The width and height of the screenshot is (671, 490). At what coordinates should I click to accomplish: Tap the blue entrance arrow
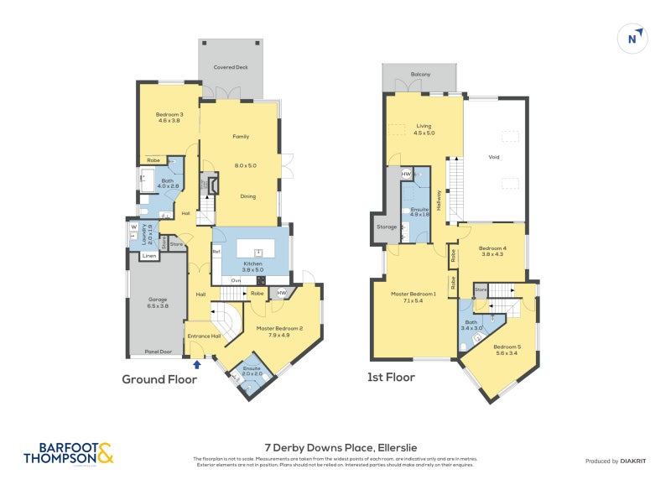click(197, 364)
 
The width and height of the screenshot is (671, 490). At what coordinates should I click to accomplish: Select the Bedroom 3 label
click(169, 117)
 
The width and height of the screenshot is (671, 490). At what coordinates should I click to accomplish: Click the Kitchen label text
click(252, 263)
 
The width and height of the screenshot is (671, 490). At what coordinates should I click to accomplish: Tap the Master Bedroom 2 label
click(279, 331)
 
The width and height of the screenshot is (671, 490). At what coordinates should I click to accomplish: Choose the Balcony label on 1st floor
click(421, 75)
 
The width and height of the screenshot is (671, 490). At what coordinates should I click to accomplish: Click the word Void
click(494, 156)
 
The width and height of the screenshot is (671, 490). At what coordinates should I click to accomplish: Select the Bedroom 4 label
click(493, 251)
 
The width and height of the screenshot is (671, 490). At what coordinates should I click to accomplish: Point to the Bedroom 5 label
click(507, 350)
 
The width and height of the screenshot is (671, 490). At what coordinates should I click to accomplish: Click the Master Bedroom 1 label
click(414, 296)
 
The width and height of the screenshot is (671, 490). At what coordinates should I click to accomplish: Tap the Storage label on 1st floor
click(387, 226)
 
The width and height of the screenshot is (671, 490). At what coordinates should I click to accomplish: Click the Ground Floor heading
click(159, 379)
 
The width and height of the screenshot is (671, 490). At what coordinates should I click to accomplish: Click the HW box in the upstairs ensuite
click(407, 175)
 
